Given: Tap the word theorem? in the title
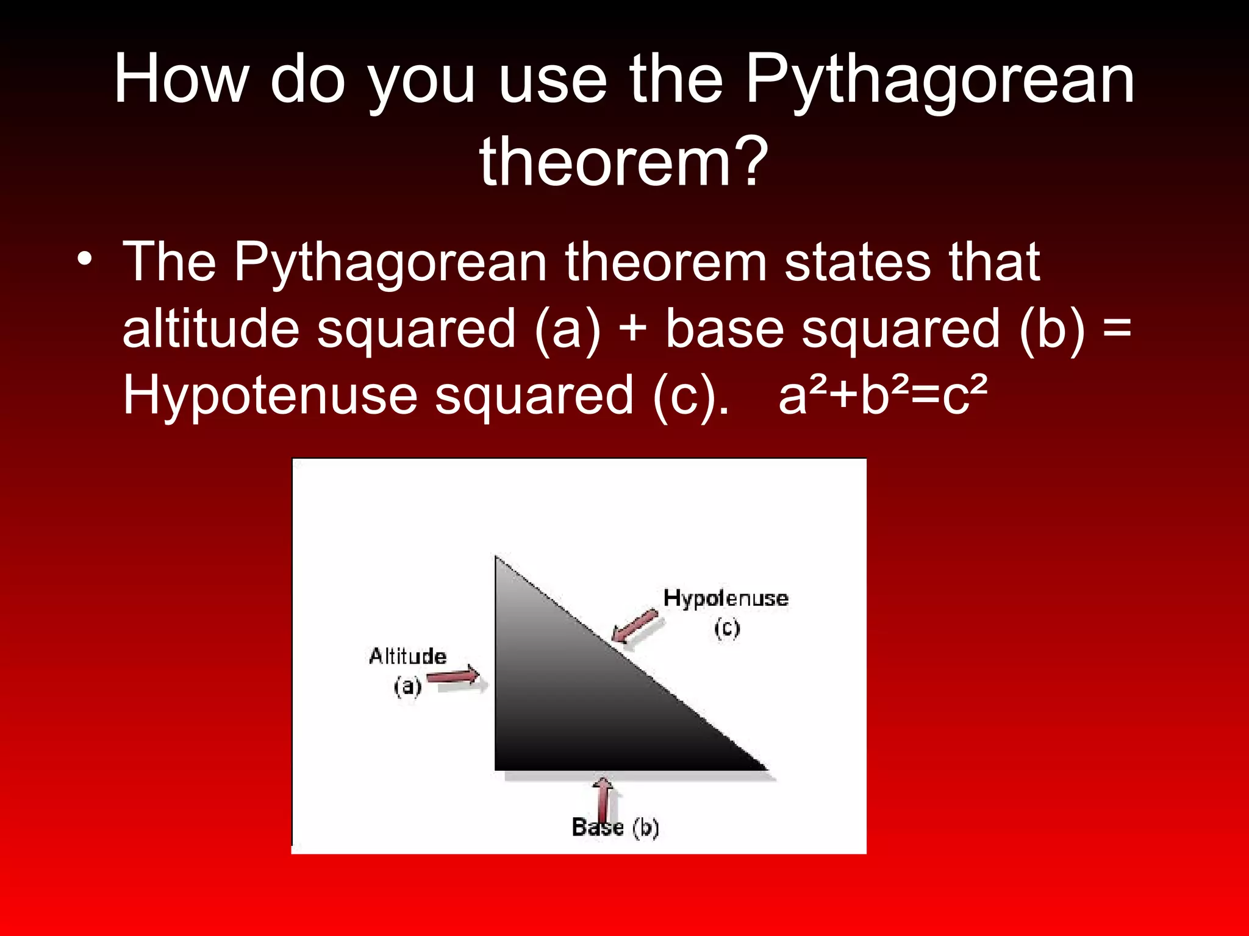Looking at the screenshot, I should [x=623, y=162].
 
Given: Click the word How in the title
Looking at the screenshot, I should [x=182, y=79].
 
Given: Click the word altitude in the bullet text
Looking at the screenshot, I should [x=210, y=329].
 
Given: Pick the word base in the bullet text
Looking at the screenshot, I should [x=724, y=329].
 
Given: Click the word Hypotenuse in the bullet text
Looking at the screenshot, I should [x=270, y=395].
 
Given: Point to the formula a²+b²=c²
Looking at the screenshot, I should [x=883, y=395].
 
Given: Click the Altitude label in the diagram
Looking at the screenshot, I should [x=407, y=656].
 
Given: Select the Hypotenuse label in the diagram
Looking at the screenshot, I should [x=725, y=598].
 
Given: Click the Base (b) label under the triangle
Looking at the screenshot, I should [x=615, y=827].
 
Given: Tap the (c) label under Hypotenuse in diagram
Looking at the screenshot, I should [x=727, y=628].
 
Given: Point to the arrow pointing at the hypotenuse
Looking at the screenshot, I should [x=635, y=626].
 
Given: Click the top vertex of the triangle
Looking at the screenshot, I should [x=496, y=558].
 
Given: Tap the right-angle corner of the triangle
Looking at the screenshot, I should [x=496, y=768].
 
